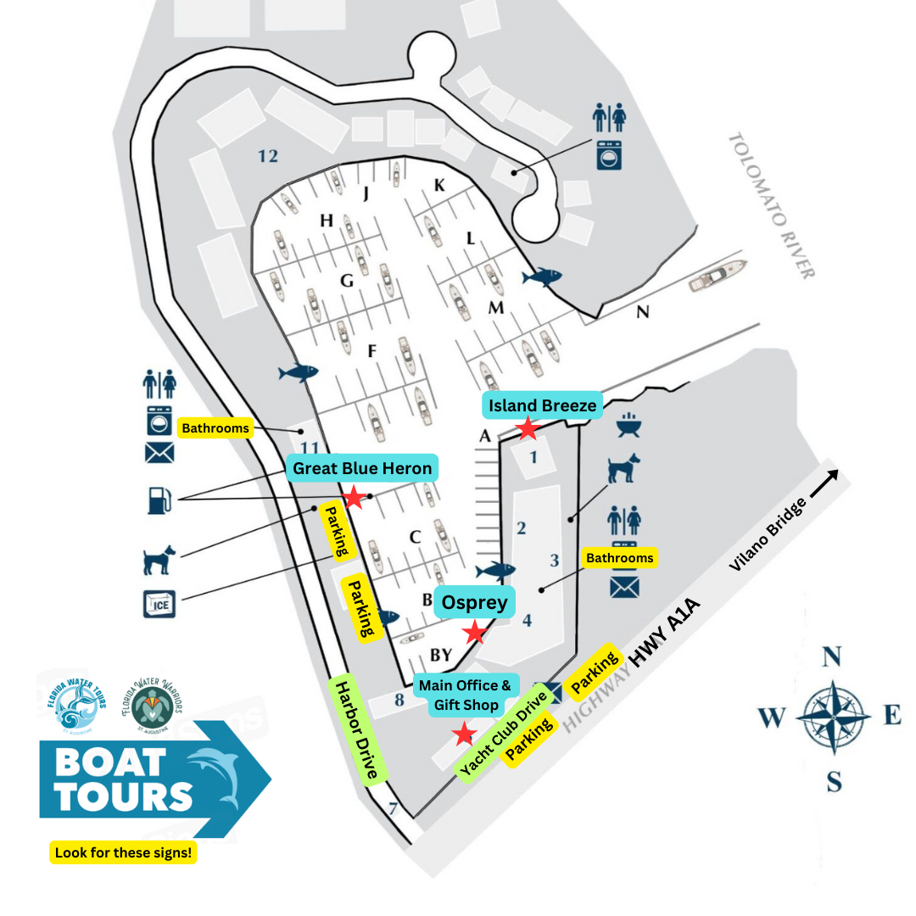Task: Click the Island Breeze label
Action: (542, 405)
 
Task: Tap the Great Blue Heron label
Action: (362, 468)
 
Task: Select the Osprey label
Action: (475, 602)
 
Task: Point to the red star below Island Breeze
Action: (528, 428)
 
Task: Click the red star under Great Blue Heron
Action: (353, 498)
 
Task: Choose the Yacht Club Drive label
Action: (504, 732)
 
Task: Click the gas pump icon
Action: (159, 500)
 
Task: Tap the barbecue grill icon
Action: (627, 425)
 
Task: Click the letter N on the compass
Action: (832, 656)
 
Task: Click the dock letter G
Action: (346, 281)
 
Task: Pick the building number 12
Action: (268, 156)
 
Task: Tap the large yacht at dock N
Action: (718, 276)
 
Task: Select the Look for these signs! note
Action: (124, 852)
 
